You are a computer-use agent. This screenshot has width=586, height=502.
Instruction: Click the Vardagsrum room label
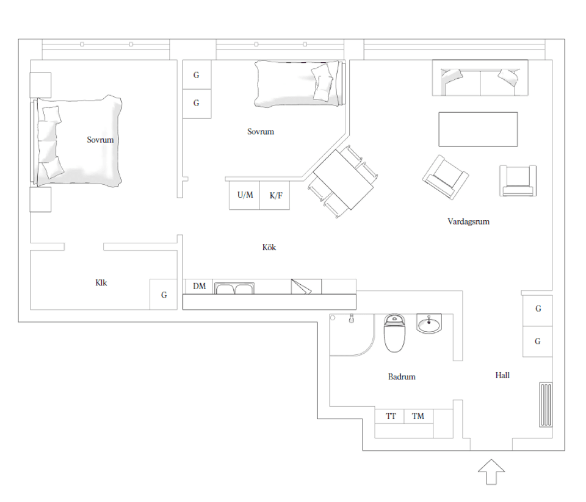(468, 221)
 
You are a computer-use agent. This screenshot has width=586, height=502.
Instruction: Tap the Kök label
(269, 247)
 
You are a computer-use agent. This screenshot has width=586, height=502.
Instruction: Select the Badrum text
(402, 376)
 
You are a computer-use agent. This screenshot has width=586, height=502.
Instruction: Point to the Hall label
(502, 375)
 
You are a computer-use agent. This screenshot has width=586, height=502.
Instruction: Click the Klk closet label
(101, 283)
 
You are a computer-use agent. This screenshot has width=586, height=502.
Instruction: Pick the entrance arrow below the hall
(491, 472)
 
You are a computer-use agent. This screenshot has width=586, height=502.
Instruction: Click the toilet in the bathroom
(394, 333)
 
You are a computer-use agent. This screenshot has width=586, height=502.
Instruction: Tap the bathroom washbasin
(429, 324)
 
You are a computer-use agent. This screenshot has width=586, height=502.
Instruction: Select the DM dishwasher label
(199, 287)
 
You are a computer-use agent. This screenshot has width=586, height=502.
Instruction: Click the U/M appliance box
(244, 195)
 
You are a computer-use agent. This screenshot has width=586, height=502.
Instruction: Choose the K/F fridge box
(275, 195)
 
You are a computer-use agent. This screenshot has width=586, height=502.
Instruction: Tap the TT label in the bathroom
(391, 416)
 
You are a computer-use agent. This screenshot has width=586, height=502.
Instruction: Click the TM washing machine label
(418, 416)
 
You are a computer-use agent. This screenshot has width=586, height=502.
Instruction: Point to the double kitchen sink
(234, 289)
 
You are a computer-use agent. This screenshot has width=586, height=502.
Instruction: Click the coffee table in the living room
(478, 129)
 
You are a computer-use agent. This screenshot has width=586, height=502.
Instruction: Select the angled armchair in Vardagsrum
(446, 177)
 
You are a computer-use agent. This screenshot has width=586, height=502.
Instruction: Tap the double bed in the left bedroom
(77, 141)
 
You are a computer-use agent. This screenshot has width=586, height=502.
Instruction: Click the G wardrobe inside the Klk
(164, 295)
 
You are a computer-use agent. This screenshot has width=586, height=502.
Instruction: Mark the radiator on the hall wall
(546, 404)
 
